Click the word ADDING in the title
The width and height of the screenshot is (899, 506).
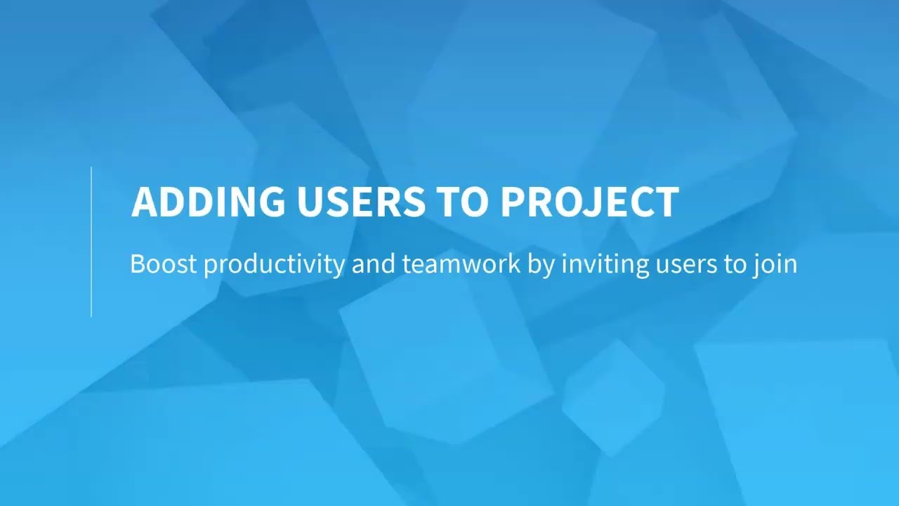[208, 202]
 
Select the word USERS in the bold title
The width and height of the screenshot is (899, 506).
[360, 202]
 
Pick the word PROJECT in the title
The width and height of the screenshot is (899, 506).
[589, 202]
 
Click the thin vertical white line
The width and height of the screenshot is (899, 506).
[91, 242]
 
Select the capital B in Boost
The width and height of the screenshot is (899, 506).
[138, 264]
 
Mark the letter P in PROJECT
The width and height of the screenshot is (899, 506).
[513, 202]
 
